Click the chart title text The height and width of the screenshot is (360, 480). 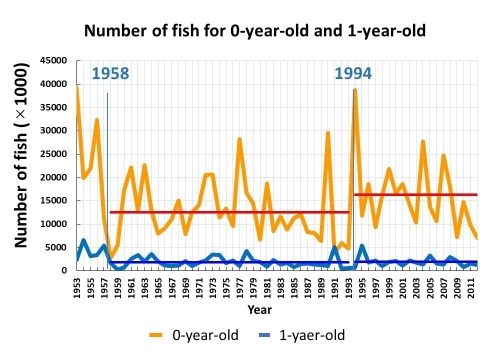coord(255,31)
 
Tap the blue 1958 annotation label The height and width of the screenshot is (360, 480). coord(110,74)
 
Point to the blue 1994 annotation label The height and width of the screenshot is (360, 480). coord(353,74)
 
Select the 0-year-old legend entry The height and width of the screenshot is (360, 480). coord(195,335)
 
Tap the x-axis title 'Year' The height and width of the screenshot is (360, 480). coord(259,310)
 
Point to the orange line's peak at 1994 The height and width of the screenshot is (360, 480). coord(355,90)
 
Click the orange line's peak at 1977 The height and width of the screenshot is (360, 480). coord(239,138)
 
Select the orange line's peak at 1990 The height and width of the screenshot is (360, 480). coord(328,133)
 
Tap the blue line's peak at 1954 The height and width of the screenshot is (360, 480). coord(83,240)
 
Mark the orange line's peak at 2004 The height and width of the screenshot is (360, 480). coord(423,141)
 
